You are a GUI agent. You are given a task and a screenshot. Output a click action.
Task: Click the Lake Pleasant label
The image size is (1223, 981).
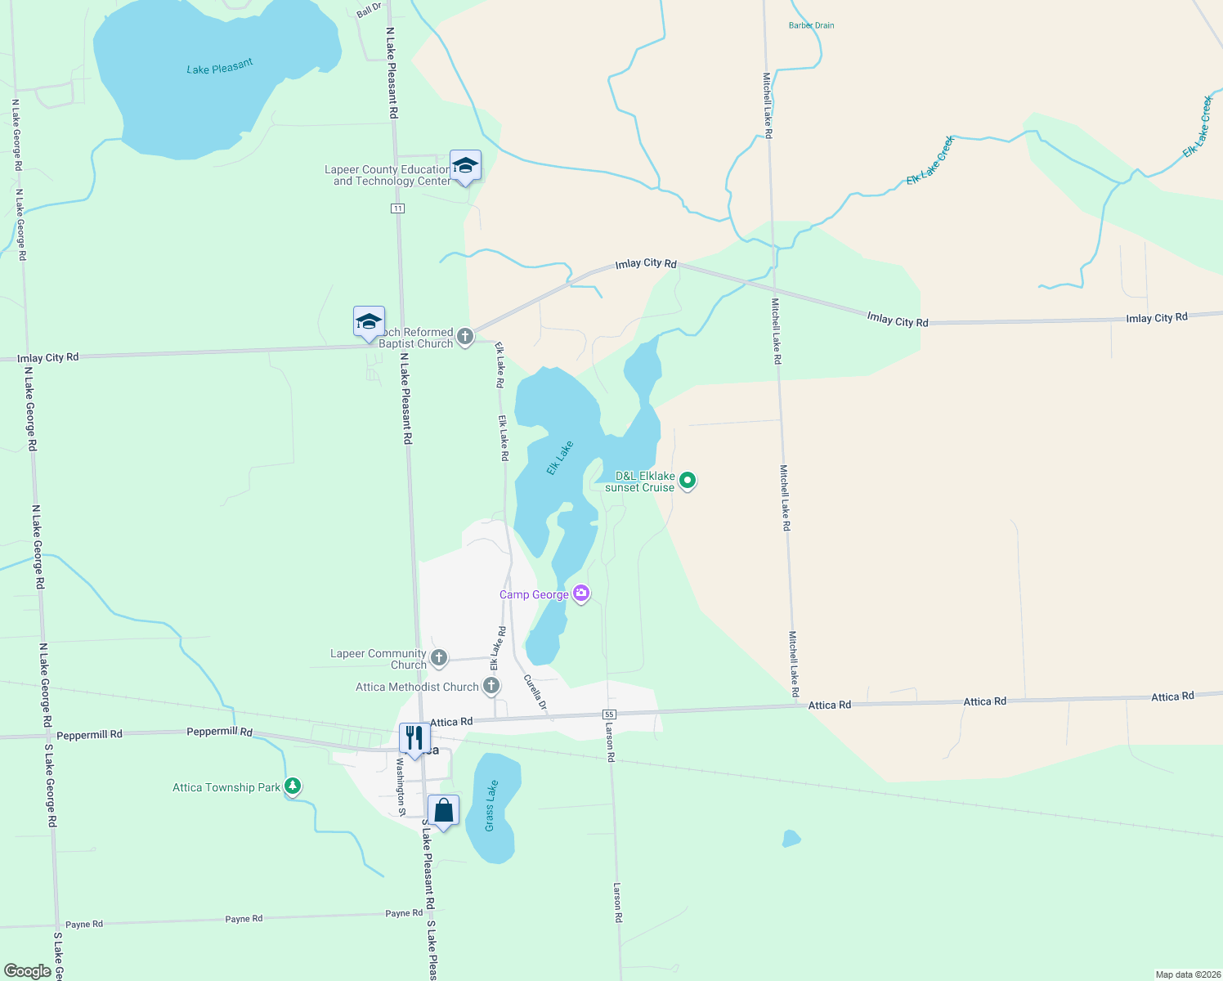point(220,66)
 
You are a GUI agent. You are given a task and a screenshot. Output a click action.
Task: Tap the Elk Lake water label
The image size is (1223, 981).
point(560,458)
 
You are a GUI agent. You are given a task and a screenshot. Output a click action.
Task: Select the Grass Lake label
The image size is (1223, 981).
point(491,806)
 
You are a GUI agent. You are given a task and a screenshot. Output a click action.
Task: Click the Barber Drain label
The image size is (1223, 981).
point(811,25)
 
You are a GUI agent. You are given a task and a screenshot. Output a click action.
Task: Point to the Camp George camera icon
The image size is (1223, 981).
point(581,594)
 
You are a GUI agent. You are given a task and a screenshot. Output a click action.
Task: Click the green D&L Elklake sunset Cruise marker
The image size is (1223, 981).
point(688,481)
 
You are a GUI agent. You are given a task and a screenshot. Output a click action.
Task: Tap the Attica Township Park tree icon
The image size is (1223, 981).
point(293,786)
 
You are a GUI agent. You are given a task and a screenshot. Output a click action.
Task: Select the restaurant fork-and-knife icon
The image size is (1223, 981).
point(414,738)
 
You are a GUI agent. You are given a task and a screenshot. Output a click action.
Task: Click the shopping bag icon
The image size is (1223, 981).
point(444,811)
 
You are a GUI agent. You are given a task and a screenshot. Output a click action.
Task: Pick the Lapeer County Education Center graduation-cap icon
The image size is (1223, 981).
point(465,166)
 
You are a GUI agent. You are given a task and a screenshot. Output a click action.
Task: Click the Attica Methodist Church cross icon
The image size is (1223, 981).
point(491,686)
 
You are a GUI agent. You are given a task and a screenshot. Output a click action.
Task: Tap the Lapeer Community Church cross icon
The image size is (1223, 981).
point(439,657)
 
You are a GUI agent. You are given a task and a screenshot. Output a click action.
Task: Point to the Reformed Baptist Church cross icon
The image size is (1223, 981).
point(465,336)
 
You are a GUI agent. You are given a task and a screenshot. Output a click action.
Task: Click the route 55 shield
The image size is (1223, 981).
point(609,714)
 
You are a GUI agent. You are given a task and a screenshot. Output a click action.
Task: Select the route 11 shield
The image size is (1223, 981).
point(397,208)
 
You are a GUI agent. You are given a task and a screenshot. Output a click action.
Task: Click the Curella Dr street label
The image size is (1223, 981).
point(535,692)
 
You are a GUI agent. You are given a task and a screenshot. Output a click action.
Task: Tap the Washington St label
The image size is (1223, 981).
point(401,787)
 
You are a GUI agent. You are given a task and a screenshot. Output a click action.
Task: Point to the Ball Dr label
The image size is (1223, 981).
point(370,10)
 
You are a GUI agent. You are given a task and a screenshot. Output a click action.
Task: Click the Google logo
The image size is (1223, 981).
point(28,970)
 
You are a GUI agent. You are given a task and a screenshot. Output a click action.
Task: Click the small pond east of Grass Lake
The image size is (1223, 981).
point(791,838)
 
